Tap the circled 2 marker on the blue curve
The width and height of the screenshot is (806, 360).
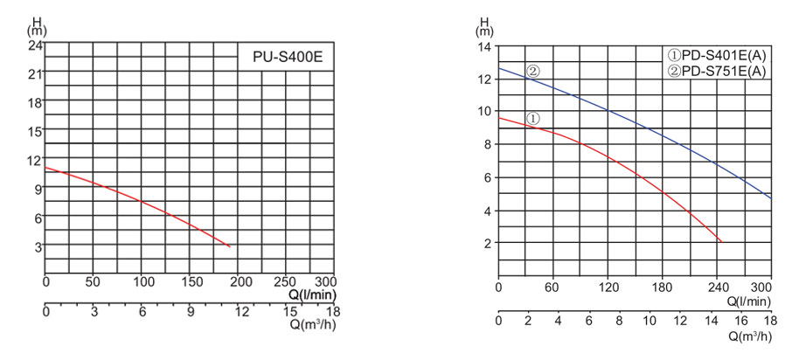[x=532, y=71]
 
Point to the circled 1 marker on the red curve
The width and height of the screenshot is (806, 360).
[x=532, y=118]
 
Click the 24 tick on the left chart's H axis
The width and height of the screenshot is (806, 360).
[x=35, y=45]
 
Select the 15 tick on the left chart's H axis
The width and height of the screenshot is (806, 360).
[x=35, y=131]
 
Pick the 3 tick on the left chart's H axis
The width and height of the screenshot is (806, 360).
[x=38, y=246]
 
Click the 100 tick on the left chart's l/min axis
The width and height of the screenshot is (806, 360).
[x=141, y=282]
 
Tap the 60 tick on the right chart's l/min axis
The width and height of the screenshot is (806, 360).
[x=552, y=286]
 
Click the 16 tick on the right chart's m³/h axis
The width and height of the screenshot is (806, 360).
[x=740, y=321]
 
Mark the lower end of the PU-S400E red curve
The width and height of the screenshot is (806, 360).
[x=230, y=247]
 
